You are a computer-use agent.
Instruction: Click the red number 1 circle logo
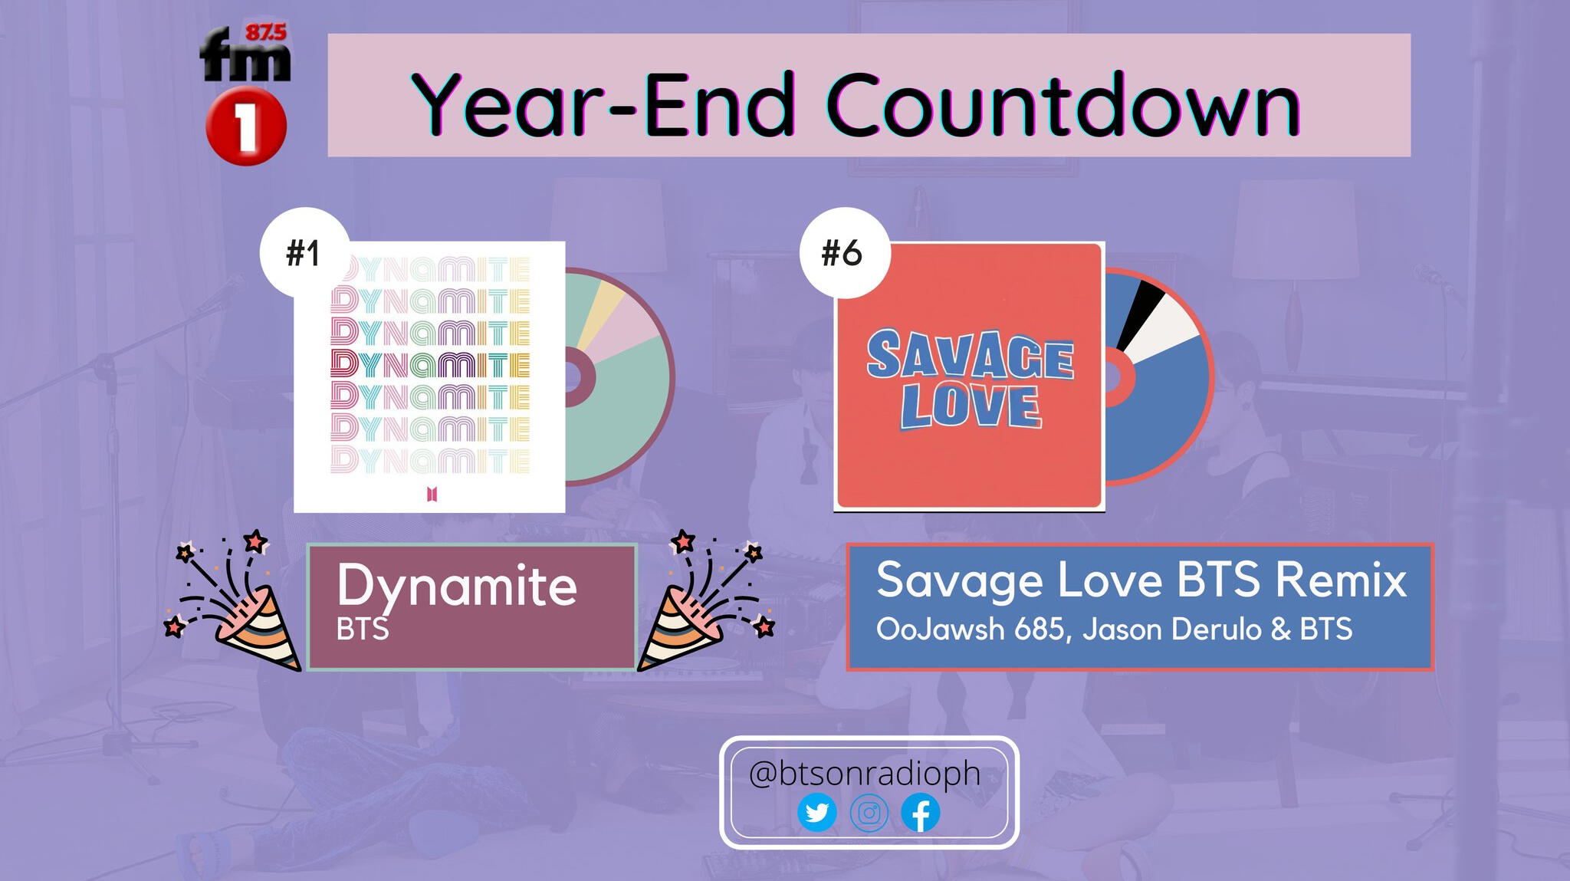tap(246, 127)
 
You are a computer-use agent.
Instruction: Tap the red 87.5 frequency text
tap(265, 32)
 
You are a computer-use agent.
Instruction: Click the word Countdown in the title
tap(1063, 104)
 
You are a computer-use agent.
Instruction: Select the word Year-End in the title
tap(603, 105)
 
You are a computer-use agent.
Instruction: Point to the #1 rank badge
tap(305, 253)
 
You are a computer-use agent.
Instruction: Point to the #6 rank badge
tap(844, 253)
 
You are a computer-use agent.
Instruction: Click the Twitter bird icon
tap(817, 813)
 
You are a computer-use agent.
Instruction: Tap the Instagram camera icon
tap(869, 813)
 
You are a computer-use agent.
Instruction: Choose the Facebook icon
tap(921, 813)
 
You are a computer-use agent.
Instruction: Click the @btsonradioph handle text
tap(865, 774)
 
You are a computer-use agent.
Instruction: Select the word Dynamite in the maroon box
tap(457, 587)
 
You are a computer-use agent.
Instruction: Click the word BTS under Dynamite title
tap(363, 630)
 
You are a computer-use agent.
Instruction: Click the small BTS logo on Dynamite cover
tap(432, 495)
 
